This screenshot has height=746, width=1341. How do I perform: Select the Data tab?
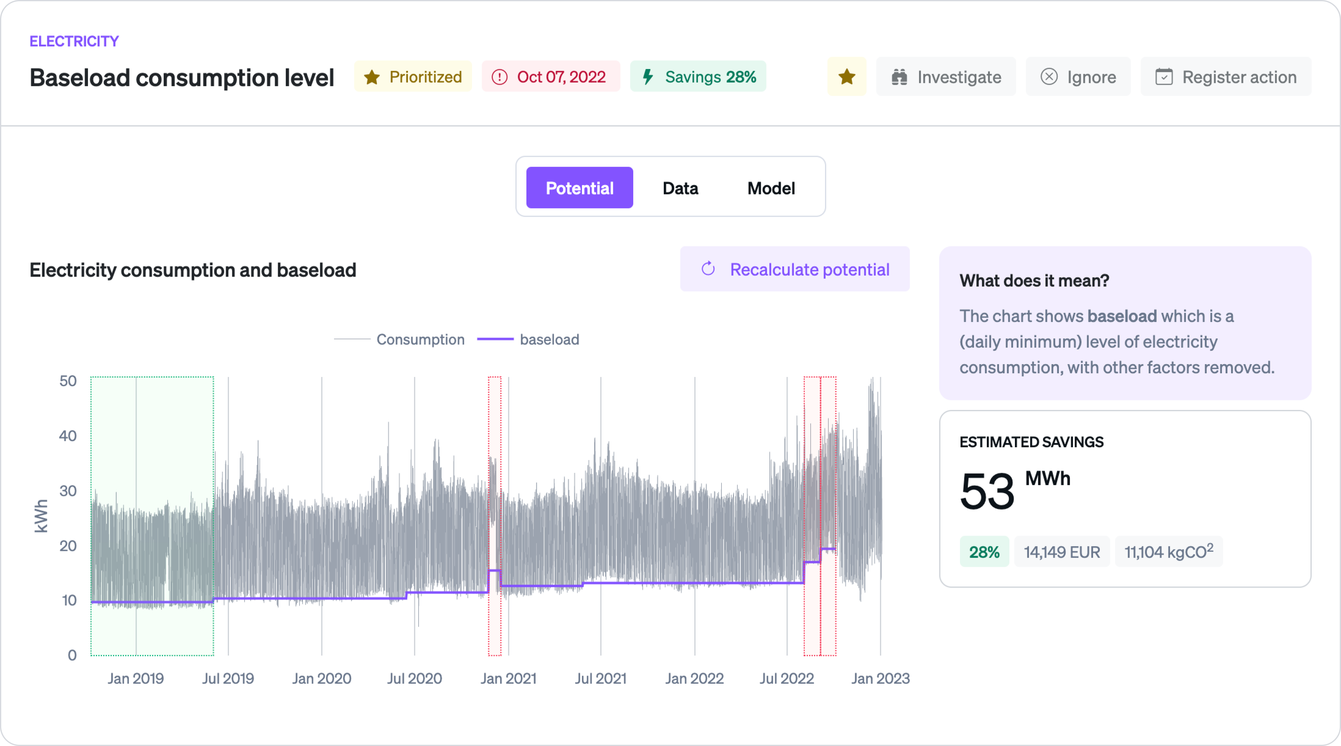tap(680, 188)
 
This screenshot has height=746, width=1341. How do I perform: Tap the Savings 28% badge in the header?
tap(698, 77)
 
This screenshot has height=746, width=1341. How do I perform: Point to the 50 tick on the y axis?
tap(68, 381)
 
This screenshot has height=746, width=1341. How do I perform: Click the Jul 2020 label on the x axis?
tap(414, 678)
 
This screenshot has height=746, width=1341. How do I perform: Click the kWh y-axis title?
tap(41, 516)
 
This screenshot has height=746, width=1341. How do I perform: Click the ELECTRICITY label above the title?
tap(74, 41)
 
